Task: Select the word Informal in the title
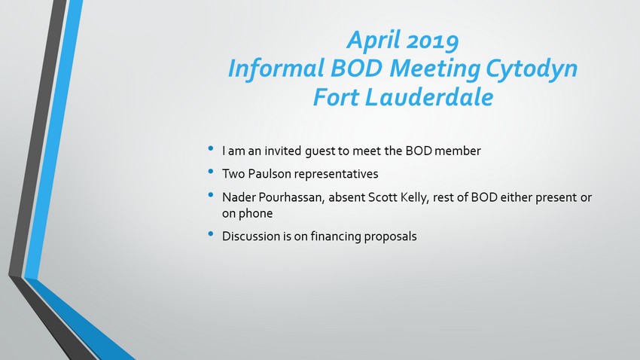tap(276, 69)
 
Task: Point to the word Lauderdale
tap(429, 97)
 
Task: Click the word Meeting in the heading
tap(434, 69)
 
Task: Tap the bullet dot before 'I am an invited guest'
tap(211, 148)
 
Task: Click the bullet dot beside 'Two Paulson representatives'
tap(211, 172)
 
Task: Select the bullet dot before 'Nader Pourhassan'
tap(211, 195)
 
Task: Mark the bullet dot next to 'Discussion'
tap(211, 234)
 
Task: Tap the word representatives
tap(337, 174)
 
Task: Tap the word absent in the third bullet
tap(346, 197)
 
